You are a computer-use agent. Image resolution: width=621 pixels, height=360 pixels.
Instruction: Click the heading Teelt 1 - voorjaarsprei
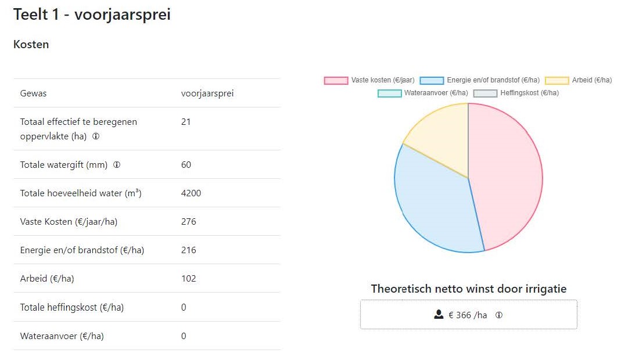coord(92,15)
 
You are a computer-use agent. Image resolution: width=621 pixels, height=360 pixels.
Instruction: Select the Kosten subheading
coord(31,45)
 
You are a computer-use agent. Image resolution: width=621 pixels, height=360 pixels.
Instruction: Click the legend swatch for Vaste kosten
coord(336,80)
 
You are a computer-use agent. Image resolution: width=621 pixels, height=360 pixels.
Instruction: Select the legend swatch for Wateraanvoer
coord(389,93)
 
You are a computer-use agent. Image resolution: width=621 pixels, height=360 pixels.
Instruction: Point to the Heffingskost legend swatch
coord(485,93)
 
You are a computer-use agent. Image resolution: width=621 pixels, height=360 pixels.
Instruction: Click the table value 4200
coord(191,193)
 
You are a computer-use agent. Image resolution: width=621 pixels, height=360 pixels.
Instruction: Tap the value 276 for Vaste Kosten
coord(189,222)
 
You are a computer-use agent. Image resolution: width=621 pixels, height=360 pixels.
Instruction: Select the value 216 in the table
coord(189,250)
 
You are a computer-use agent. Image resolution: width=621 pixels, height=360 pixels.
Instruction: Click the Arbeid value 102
coord(189,279)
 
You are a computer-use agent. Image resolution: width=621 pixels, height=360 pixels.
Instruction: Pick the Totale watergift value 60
coord(186,165)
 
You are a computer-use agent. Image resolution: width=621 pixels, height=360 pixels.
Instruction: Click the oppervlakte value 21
coord(186,122)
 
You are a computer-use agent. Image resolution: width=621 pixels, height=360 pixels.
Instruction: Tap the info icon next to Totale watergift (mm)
coord(117,165)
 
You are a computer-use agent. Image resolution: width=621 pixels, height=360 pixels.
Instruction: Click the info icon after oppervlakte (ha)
coord(96,137)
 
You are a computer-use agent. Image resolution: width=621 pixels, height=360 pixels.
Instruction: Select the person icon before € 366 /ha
coord(439,315)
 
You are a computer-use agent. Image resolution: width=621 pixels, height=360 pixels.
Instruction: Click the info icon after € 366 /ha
coord(499,315)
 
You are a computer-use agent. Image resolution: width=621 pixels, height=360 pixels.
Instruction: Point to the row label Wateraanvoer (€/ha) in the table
coord(62,336)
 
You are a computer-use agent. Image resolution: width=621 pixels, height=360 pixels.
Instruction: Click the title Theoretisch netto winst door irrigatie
coord(468,289)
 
